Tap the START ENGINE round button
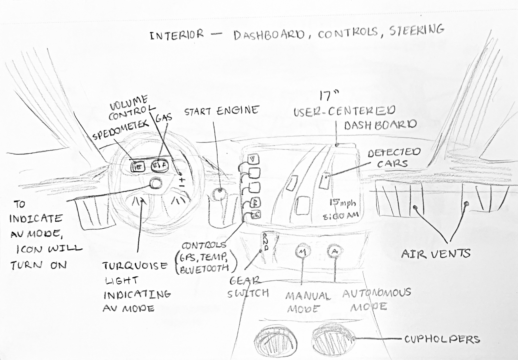pos(219,194)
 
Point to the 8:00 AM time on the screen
pos(341,216)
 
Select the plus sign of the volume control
pos(182,180)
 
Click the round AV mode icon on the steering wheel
pos(156,184)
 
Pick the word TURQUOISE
pos(135,266)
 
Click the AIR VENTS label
pos(436,254)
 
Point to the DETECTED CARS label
pos(394,158)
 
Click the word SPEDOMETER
pos(121,130)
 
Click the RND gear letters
pos(266,241)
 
